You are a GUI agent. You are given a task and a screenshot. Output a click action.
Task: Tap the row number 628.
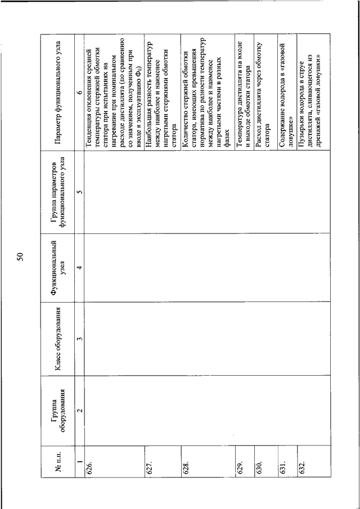[186, 465]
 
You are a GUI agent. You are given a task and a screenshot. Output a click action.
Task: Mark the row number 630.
[258, 465]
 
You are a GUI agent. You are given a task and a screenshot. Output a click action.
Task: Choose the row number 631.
[282, 465]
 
